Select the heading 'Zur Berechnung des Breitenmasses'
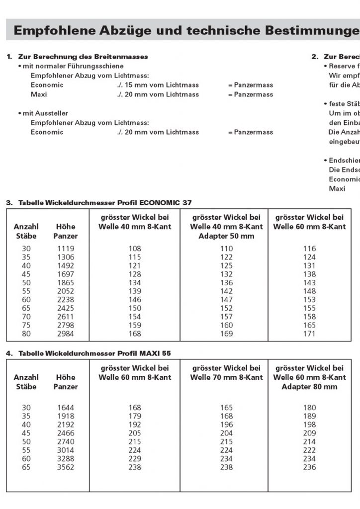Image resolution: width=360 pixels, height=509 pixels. tap(83, 57)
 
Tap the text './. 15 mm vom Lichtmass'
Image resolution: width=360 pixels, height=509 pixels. tap(158, 85)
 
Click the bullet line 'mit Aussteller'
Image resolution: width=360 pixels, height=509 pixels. tap(45, 113)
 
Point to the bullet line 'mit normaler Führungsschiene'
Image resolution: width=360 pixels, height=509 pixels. tap(73, 66)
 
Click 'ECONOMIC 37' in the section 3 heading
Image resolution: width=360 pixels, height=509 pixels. tap(166, 203)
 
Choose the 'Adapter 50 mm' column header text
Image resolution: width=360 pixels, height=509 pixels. tap(226, 236)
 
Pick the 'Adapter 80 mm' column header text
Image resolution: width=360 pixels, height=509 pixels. tap(309, 387)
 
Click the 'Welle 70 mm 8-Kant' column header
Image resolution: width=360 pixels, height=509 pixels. tap(226, 377)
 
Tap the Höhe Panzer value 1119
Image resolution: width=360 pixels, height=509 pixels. tap(66, 249)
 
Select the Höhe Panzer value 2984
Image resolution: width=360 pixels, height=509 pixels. tap(66, 334)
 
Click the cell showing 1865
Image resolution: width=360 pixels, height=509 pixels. tap(66, 283)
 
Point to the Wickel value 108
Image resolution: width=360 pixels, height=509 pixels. tap(135, 249)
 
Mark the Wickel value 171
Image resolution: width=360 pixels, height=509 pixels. tap(309, 334)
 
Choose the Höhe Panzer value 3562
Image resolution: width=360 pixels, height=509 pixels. tap(66, 468)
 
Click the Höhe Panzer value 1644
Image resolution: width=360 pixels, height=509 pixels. tap(66, 408)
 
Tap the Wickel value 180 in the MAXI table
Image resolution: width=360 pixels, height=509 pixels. tap(309, 408)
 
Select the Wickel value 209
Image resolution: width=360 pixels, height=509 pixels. tap(309, 433)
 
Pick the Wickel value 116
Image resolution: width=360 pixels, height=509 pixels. tap(309, 249)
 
